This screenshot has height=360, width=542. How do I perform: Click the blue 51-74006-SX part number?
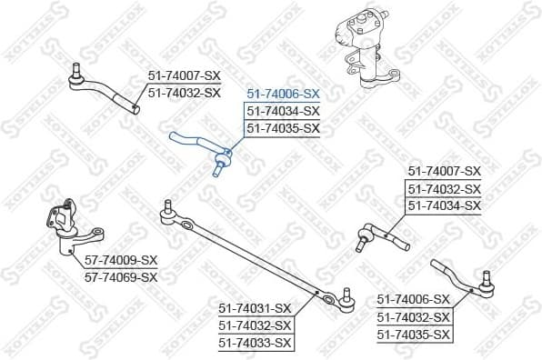click(x=282, y=94)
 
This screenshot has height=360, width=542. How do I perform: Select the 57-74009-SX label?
click(x=121, y=260)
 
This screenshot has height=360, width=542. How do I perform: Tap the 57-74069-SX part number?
click(x=121, y=276)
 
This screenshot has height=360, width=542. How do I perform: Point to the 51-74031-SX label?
click(x=256, y=308)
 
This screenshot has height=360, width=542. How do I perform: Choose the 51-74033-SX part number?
click(x=256, y=343)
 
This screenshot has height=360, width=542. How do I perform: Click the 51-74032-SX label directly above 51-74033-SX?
click(x=256, y=325)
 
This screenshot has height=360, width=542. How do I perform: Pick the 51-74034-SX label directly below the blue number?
click(x=282, y=111)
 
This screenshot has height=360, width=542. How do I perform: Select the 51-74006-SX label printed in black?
click(x=414, y=300)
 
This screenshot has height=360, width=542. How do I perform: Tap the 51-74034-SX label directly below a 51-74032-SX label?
click(x=443, y=205)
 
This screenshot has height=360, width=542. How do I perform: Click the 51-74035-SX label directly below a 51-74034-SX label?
click(x=282, y=128)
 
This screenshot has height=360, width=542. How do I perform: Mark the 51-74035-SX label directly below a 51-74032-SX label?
click(x=414, y=335)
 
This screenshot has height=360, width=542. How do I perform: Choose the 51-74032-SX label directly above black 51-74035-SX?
click(x=414, y=317)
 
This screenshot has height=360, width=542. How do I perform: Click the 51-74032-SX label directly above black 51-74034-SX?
click(x=443, y=188)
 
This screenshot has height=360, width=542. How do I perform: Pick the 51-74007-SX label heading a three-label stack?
click(x=443, y=171)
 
